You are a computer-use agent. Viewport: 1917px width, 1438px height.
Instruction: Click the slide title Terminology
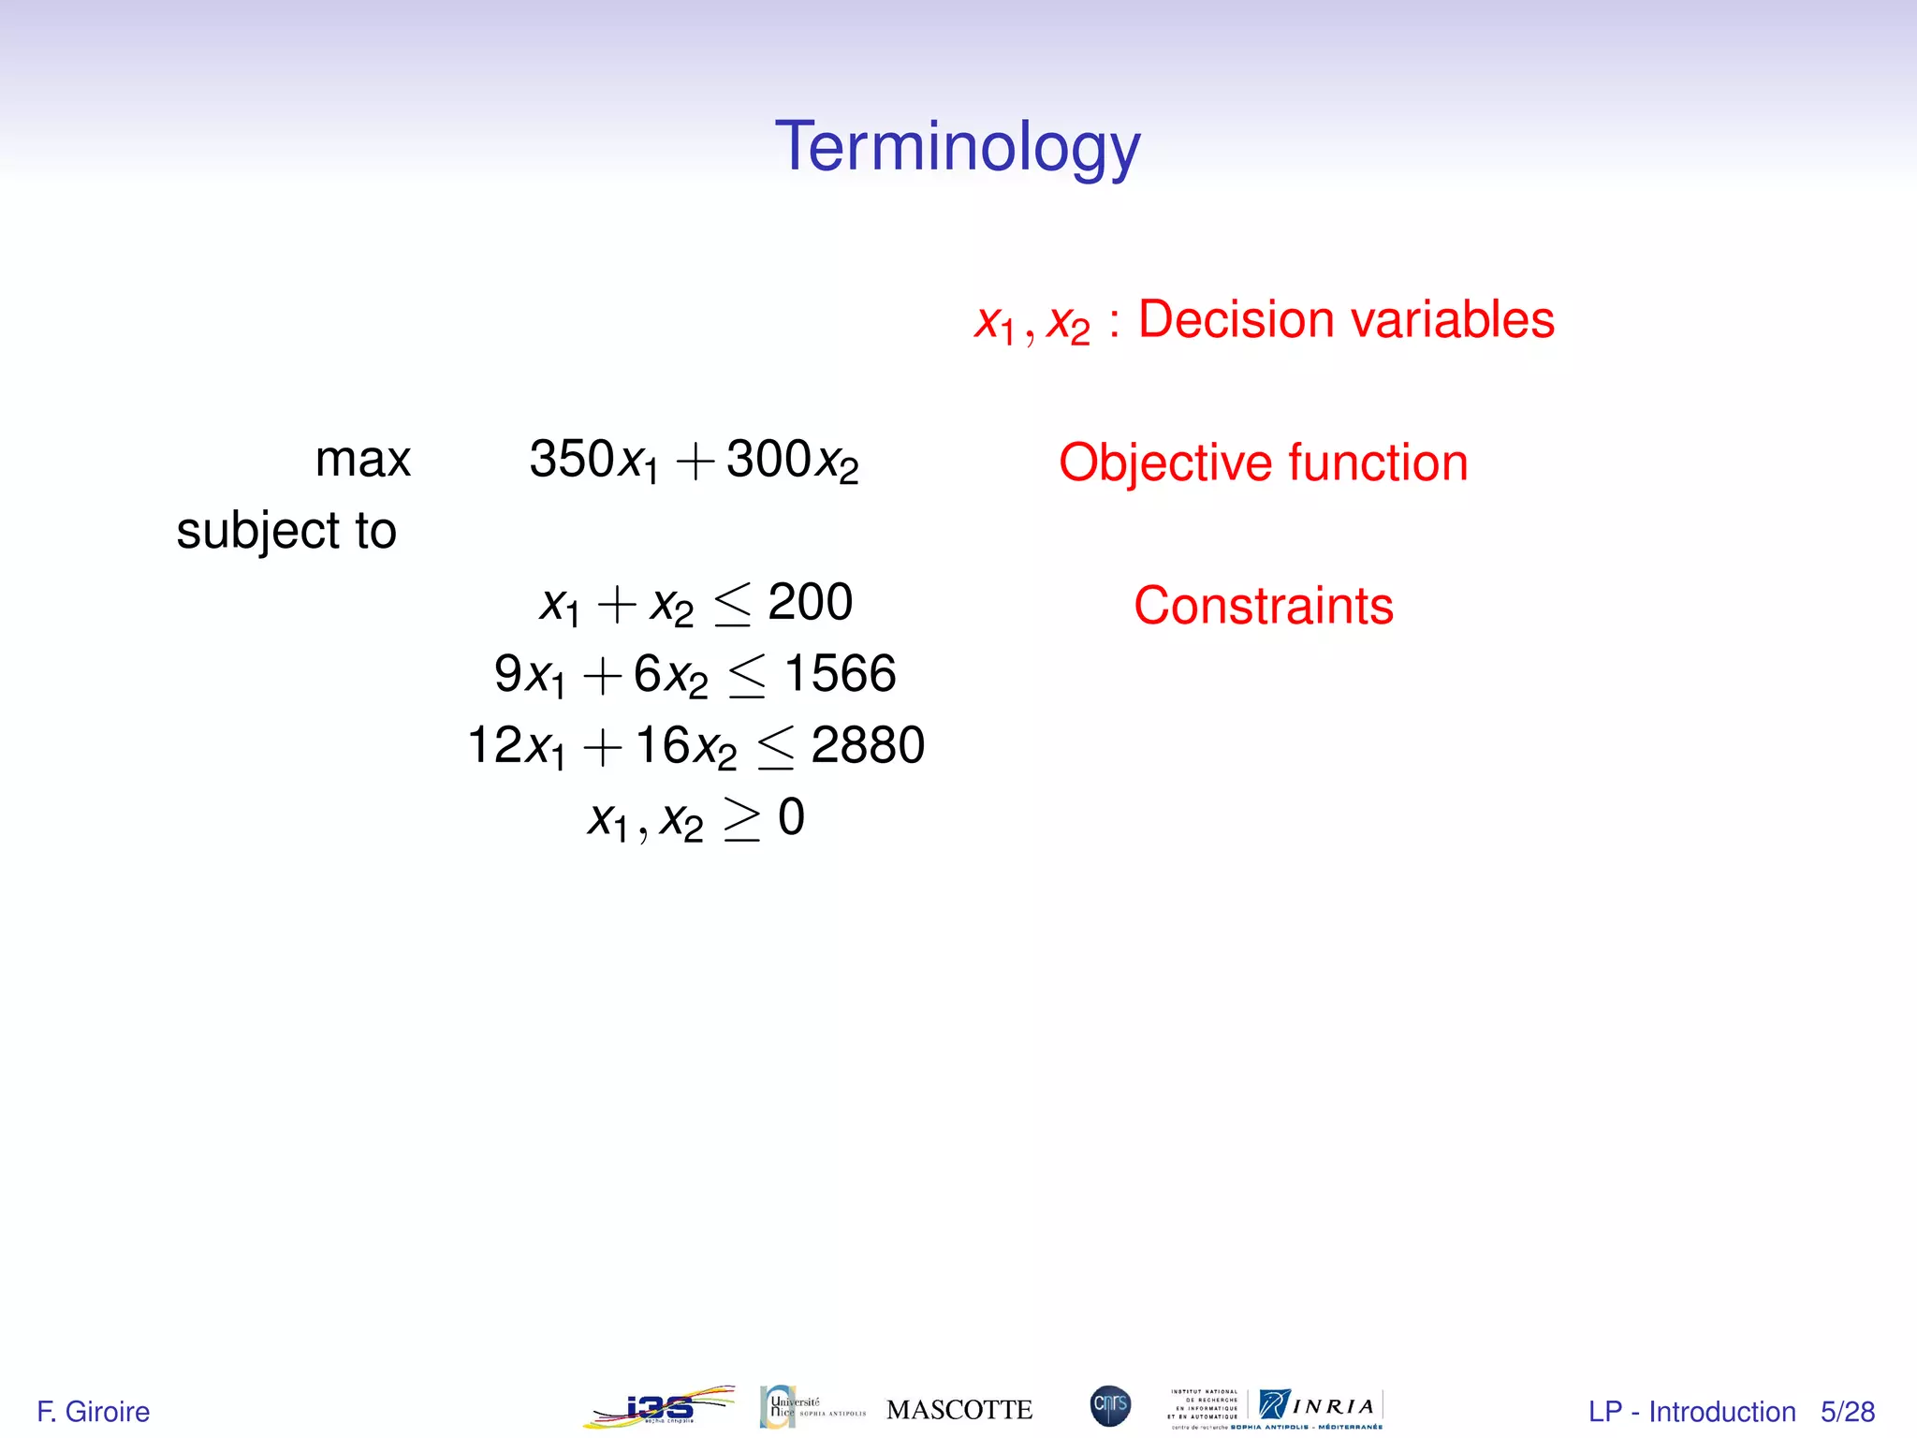click(958, 148)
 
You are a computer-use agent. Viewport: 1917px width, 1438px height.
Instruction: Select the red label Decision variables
click(1345, 320)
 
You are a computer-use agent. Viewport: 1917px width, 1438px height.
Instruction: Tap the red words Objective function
click(1263, 462)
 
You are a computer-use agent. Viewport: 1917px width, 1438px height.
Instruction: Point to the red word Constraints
click(1263, 606)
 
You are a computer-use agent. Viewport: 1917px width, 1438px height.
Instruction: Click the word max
click(362, 461)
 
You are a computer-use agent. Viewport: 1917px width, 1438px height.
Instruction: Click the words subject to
click(286, 532)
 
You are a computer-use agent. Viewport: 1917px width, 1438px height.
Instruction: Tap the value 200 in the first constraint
click(810, 602)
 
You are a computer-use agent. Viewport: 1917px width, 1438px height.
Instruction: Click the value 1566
click(840, 674)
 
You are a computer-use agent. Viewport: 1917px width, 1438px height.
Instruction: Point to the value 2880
click(867, 746)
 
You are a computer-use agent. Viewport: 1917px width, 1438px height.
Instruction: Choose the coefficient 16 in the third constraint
click(662, 746)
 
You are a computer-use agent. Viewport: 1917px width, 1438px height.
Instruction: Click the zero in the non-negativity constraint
click(791, 817)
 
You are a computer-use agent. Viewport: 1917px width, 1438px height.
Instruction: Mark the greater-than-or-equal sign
click(741, 820)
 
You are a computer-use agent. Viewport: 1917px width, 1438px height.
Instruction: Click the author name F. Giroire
click(93, 1411)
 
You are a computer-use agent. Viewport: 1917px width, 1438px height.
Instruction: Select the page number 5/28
click(1847, 1411)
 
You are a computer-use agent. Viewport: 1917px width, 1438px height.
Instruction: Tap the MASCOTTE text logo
click(958, 1410)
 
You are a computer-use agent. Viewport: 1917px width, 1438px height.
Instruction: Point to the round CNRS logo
click(1110, 1406)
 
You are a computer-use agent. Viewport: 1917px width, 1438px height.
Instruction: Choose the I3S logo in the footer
click(659, 1407)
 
